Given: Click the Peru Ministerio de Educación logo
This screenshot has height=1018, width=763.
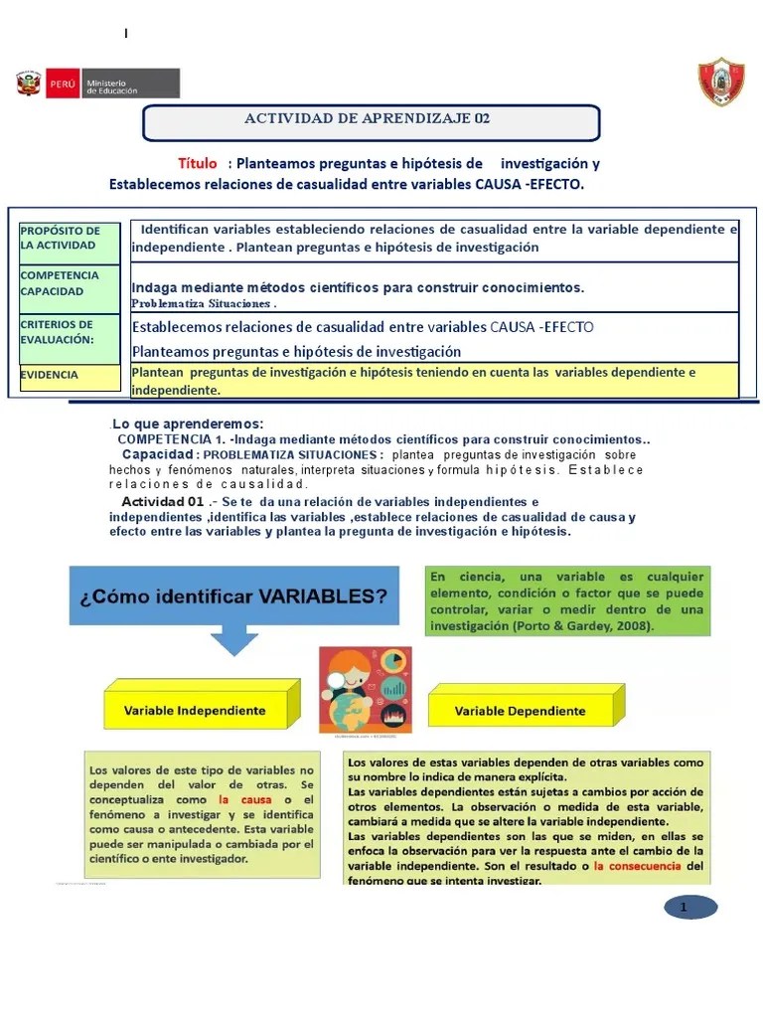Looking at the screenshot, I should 96,84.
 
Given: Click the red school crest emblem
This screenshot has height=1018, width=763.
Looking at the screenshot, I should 720,83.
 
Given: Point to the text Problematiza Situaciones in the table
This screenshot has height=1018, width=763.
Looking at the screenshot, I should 204,303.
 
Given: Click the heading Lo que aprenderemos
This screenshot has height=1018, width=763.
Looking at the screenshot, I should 188,424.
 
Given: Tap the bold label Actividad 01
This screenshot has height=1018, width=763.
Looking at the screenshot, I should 162,501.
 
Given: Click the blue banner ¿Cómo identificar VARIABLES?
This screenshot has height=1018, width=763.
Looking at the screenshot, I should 234,597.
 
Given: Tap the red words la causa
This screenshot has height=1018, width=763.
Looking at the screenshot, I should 237,800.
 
